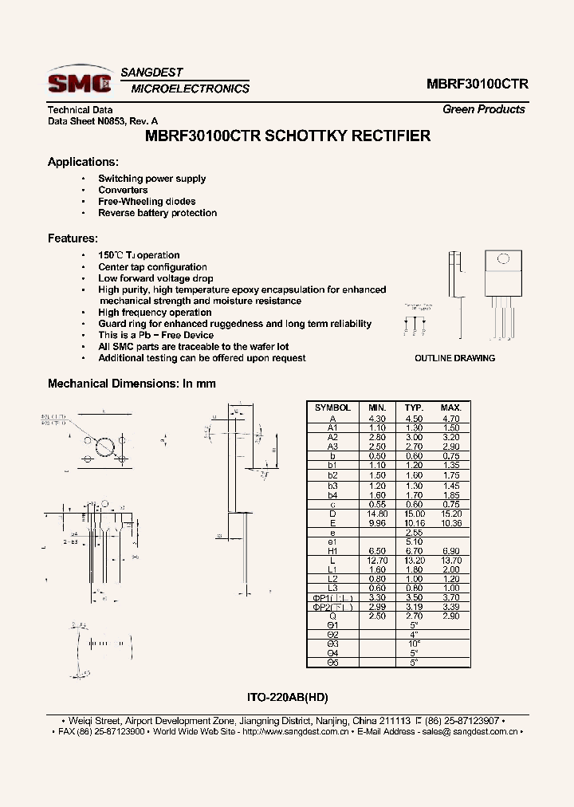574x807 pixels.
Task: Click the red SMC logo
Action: (79, 82)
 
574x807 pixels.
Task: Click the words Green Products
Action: (483, 109)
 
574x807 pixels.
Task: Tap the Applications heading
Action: (83, 162)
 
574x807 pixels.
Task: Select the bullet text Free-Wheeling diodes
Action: (147, 202)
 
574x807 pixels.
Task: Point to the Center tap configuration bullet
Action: (152, 267)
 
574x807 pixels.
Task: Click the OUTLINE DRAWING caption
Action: (454, 358)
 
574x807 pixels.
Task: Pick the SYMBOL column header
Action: (332, 407)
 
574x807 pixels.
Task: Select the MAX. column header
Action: (451, 407)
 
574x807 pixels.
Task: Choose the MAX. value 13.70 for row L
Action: (451, 560)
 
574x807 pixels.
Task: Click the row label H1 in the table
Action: (332, 551)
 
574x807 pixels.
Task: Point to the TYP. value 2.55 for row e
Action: (413, 532)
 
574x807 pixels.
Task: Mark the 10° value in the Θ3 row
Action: (413, 644)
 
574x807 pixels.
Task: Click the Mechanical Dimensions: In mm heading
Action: (132, 384)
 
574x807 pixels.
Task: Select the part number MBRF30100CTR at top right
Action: (478, 84)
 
